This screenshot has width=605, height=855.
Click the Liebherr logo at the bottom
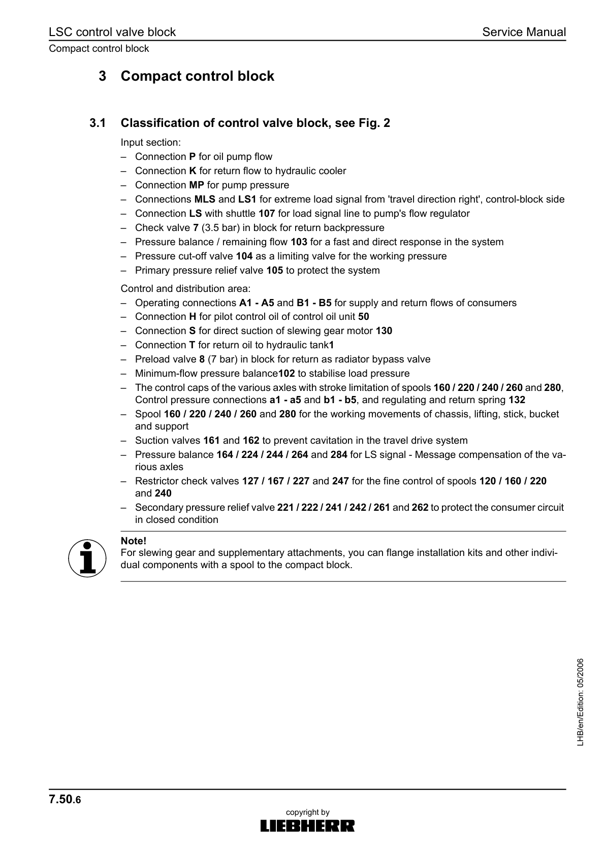tap(307, 826)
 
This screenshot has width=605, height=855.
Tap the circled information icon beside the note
tap(87, 558)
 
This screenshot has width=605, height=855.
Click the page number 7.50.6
tap(65, 800)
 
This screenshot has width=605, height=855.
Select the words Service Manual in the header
tap(524, 32)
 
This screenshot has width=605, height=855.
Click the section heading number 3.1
tap(98, 123)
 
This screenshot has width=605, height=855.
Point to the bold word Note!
tap(134, 541)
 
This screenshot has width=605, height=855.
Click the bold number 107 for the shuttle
tap(267, 214)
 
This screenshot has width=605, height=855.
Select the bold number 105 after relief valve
tap(274, 271)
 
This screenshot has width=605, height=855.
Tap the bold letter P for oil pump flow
tap(193, 157)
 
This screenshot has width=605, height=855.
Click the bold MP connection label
tap(197, 185)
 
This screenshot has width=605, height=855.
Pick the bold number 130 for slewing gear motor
tap(384, 331)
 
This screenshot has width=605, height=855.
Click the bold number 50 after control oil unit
tap(364, 317)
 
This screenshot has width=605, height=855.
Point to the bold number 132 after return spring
tap(517, 400)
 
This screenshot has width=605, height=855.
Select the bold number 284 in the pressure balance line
tap(339, 455)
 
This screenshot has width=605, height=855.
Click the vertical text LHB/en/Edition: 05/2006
tap(580, 702)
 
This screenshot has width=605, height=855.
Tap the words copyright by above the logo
tap(308, 812)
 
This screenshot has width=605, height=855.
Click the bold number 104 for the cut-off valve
tap(244, 256)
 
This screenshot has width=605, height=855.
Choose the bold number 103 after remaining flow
tap(299, 242)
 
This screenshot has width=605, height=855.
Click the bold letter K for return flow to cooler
tap(193, 171)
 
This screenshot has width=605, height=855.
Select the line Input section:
tap(150, 143)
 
